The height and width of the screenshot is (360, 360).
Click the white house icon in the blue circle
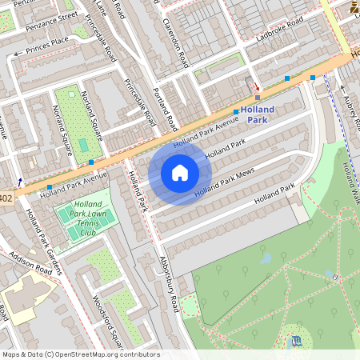click(180, 173)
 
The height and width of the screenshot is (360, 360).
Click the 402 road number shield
click(6, 197)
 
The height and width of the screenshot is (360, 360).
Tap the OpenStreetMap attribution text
click(81, 354)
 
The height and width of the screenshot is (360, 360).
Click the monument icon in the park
click(298, 342)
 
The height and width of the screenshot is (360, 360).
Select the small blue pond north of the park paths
click(265, 258)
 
